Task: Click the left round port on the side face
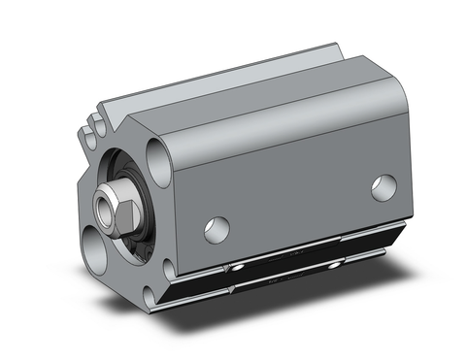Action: pyautogui.click(x=217, y=230)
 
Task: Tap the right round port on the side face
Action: pyautogui.click(x=383, y=187)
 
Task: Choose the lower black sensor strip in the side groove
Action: pyautogui.click(x=291, y=279)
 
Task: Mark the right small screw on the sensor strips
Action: pyautogui.click(x=335, y=263)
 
